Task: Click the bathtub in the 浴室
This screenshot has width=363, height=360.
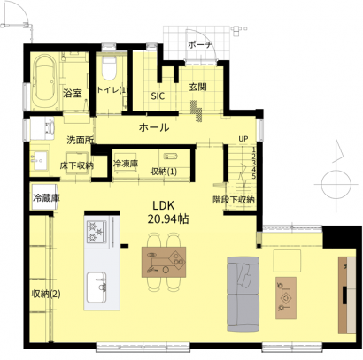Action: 45,82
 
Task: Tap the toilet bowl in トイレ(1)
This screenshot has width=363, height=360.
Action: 109,68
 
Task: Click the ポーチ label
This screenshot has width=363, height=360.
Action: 200,45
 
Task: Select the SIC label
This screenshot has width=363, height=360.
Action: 158,96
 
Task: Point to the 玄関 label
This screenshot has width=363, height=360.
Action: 197,87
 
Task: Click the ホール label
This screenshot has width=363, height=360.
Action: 154,127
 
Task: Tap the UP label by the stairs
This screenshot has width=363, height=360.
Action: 243,139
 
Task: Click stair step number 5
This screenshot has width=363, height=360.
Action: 254,176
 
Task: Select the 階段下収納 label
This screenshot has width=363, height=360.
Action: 234,200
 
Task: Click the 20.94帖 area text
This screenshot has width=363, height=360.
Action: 168,219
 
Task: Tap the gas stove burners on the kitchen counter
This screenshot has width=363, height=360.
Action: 97,232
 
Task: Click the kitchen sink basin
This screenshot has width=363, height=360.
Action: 97,287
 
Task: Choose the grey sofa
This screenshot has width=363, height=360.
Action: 243,295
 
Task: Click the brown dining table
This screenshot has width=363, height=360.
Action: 164,262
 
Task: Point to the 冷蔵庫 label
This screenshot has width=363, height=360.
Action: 46,198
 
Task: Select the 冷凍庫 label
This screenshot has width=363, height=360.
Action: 126,164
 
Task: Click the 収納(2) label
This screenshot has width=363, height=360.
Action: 46,294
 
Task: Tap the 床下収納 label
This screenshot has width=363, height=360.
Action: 76,165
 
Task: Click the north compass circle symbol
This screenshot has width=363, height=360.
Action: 336,185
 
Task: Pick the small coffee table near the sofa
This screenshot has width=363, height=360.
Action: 286,298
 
